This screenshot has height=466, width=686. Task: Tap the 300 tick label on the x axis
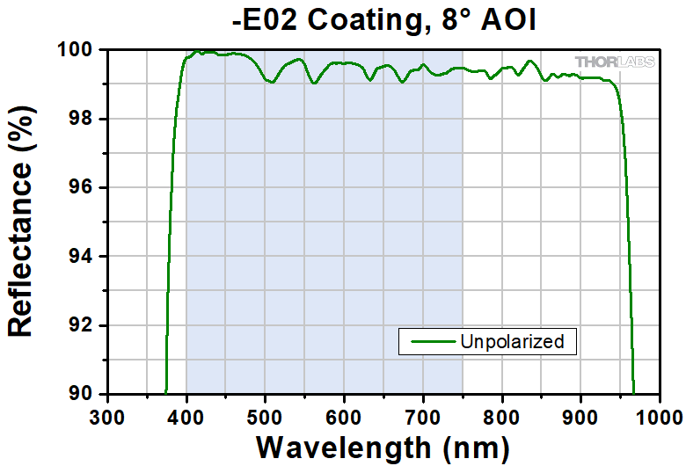click(107, 414)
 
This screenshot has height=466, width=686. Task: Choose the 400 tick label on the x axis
click(186, 414)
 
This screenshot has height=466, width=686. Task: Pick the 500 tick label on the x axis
click(265, 414)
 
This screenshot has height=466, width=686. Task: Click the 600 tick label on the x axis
click(344, 414)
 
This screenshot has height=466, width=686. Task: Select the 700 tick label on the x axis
click(423, 414)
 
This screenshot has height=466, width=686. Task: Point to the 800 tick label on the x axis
click(502, 414)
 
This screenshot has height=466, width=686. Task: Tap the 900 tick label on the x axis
click(580, 414)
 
